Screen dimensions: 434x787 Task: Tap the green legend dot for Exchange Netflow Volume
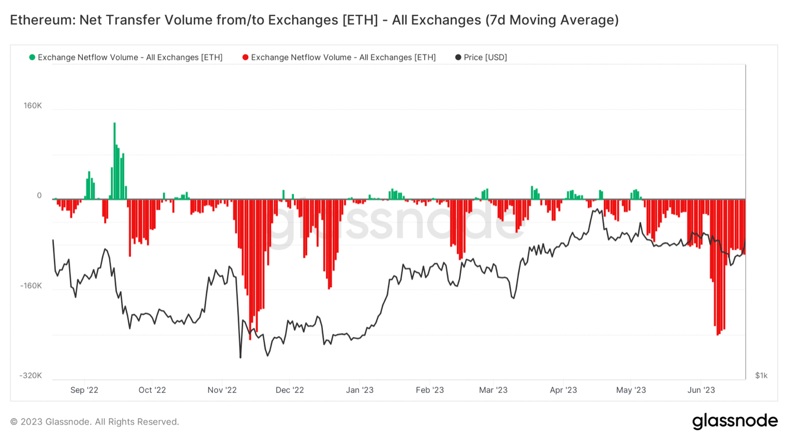[x=32, y=57]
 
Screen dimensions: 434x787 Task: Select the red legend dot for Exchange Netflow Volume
[x=245, y=57]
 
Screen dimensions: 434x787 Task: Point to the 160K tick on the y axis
[x=32, y=106]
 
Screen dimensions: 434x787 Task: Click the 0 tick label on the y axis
[x=39, y=195]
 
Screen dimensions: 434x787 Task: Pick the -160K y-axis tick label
[x=31, y=285]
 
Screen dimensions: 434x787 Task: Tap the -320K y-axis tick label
[x=31, y=376]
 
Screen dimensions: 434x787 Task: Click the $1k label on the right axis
[x=761, y=376]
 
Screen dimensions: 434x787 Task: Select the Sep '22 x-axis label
[x=85, y=390]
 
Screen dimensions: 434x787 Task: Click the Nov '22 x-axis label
[x=222, y=390]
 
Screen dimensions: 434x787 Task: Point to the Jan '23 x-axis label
[x=360, y=390]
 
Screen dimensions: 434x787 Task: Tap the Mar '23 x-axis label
[x=494, y=390]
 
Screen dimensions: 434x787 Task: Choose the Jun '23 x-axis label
[x=701, y=390]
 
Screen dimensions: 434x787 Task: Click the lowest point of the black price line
[x=240, y=357]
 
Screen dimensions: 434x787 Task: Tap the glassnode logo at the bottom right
[x=735, y=421]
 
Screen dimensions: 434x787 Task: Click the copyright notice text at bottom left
[x=95, y=422]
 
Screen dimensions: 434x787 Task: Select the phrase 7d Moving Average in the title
[x=551, y=21]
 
